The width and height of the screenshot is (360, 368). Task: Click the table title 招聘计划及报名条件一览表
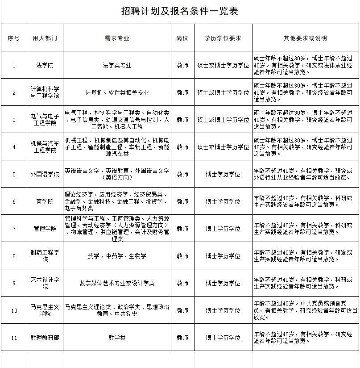[180, 11]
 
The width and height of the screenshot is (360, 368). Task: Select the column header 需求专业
[117, 38]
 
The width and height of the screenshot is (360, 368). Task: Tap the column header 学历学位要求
[223, 38]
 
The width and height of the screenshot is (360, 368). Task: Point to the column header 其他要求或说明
[306, 38]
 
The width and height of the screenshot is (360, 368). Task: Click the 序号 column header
[14, 38]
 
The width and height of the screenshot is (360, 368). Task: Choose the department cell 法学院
[45, 65]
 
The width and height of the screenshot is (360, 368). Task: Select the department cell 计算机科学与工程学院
[45, 92]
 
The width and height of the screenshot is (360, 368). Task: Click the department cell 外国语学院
[45, 174]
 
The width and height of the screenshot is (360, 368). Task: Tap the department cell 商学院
[45, 201]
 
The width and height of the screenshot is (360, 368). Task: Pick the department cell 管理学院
[45, 229]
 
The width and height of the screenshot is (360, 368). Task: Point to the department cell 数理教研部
[45, 338]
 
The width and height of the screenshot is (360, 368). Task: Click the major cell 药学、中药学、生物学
[117, 256]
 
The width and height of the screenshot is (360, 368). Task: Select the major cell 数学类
[117, 338]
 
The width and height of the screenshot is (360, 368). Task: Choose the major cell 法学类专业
[117, 65]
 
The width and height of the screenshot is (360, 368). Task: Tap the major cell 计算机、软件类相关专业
[117, 92]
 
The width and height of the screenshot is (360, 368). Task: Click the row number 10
[14, 310]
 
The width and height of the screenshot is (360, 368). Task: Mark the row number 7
[14, 229]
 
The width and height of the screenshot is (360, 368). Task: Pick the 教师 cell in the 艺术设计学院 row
[182, 283]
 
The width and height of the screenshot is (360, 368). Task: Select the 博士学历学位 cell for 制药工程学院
[223, 256]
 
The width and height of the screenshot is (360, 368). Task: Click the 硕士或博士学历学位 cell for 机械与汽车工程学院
[223, 147]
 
